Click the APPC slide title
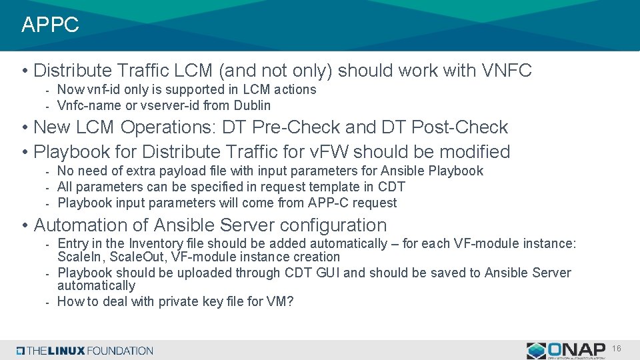tap(50, 25)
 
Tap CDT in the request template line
tap(391, 187)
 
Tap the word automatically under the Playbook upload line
tap(96, 285)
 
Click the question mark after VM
tap(290, 301)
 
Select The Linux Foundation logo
tap(85, 351)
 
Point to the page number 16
tap(617, 349)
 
